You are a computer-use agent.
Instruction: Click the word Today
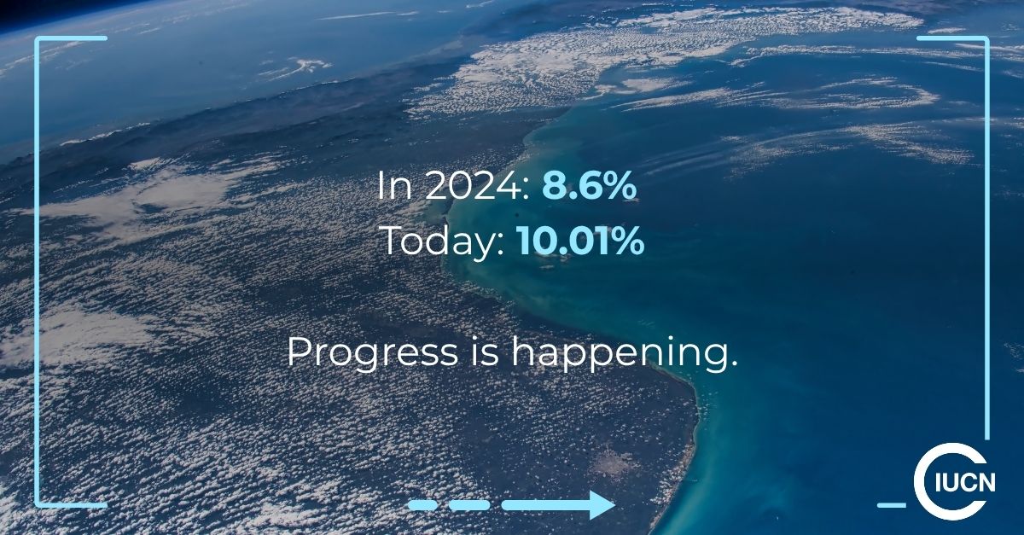point(443,242)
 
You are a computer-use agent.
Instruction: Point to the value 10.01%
point(579,242)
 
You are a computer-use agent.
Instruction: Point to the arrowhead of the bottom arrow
point(602,505)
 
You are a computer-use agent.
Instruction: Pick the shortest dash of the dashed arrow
point(422,505)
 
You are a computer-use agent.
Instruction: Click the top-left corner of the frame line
point(38,39)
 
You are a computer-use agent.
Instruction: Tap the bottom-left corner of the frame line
point(38,504)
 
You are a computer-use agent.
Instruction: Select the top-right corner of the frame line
point(986,39)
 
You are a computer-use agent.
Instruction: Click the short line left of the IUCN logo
point(891,504)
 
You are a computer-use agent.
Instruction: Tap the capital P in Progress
point(297,352)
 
